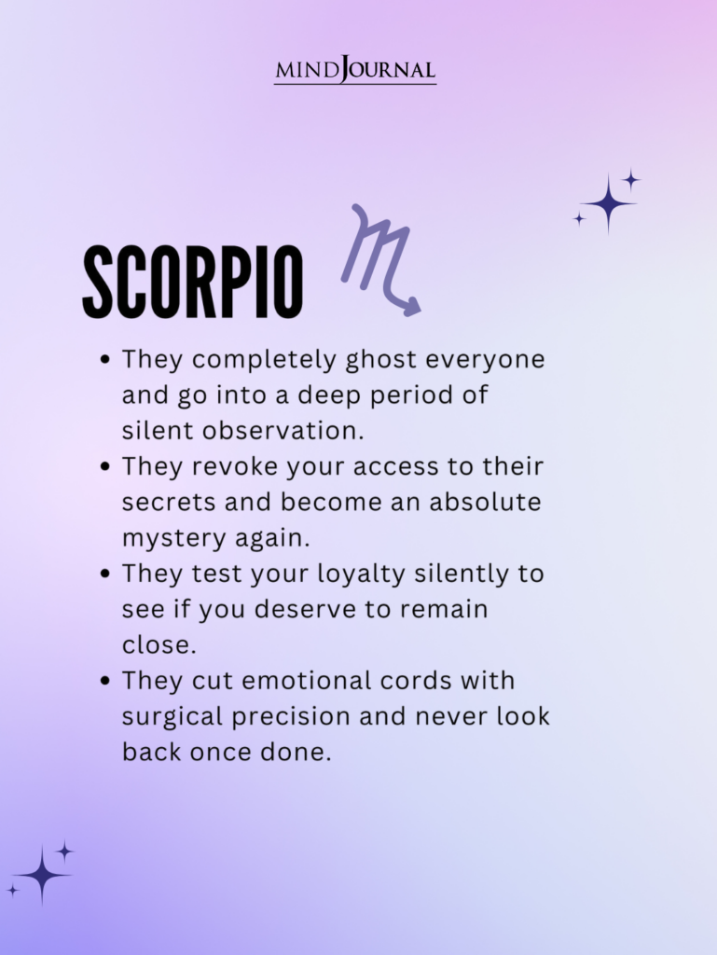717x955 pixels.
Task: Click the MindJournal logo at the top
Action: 355,69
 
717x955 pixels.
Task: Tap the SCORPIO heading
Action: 193,282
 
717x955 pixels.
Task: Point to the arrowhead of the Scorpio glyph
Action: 411,306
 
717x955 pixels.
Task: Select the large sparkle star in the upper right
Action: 608,203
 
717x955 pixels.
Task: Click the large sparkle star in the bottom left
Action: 41,875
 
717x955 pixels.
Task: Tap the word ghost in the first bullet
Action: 381,360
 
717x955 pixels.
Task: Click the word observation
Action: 283,431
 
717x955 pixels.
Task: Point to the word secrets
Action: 169,503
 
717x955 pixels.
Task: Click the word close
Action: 159,645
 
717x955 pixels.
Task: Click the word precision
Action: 291,717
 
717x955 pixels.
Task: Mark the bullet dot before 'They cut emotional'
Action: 106,680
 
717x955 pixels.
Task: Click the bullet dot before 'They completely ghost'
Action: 106,359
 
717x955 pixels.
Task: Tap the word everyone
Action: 485,360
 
